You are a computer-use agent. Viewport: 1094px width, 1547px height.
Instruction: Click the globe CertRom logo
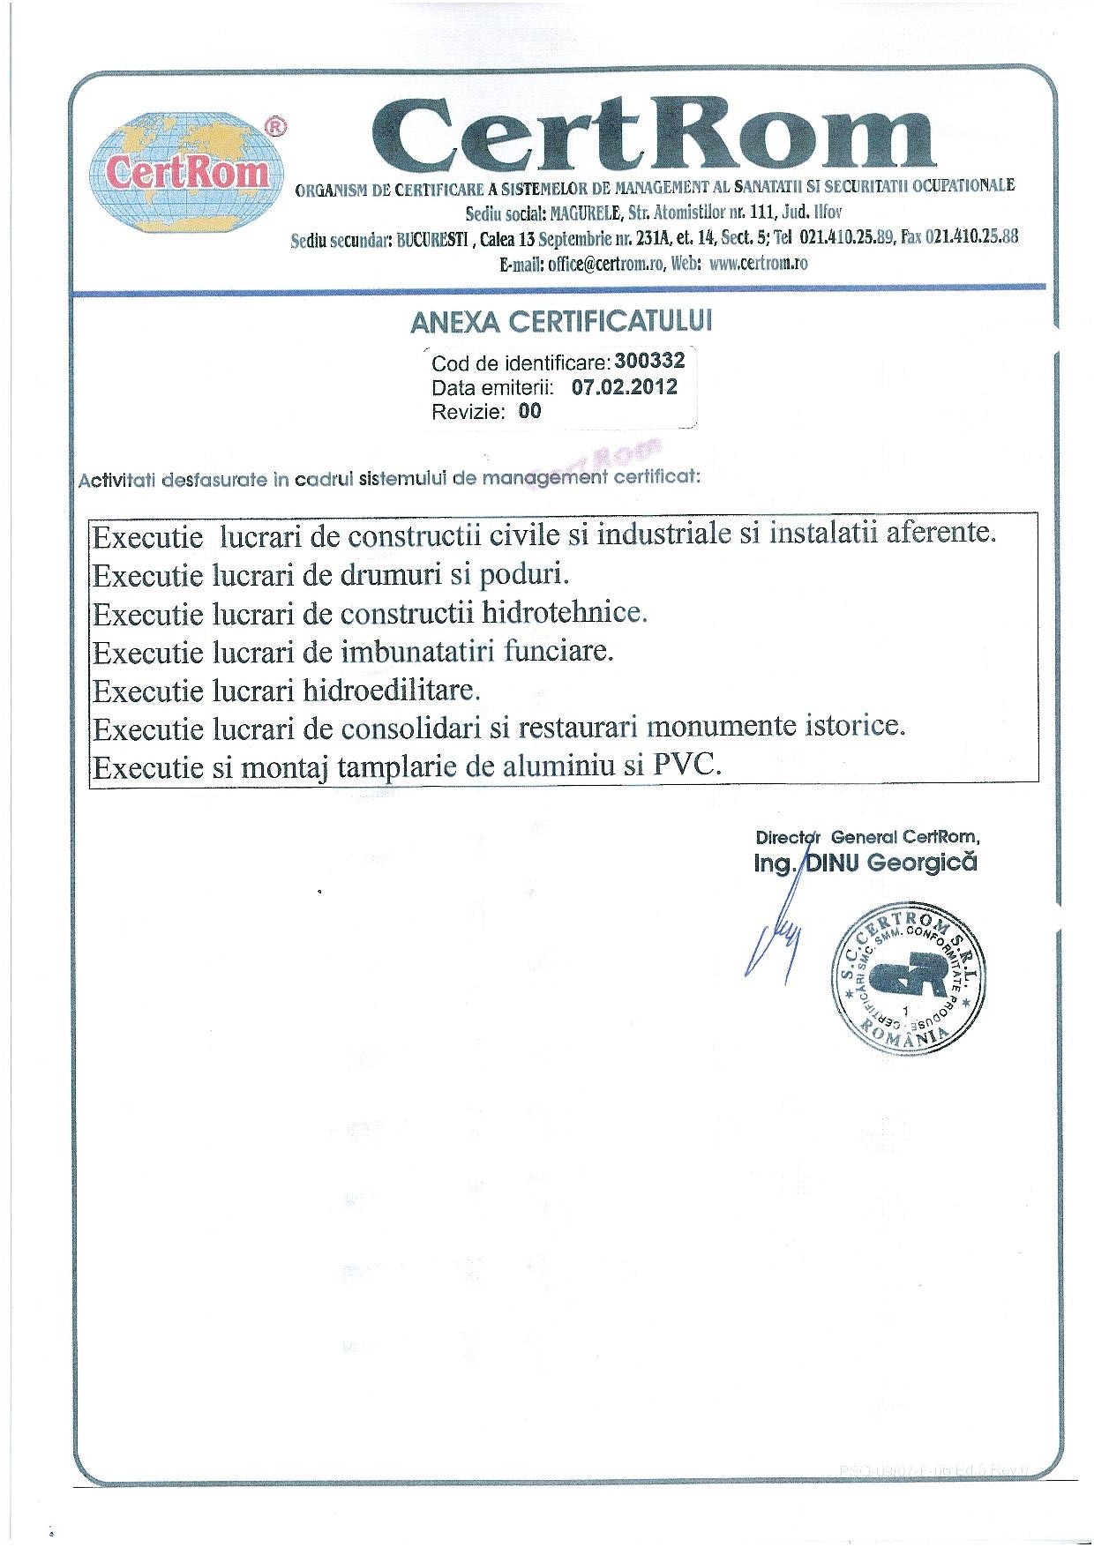pyautogui.click(x=188, y=174)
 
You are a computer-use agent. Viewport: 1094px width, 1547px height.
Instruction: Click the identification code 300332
pyautogui.click(x=649, y=361)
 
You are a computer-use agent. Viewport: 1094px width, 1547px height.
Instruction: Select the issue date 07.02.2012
pyautogui.click(x=625, y=386)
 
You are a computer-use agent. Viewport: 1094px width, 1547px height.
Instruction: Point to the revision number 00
pyautogui.click(x=529, y=411)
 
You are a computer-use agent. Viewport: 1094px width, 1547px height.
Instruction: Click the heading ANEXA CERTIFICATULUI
pyautogui.click(x=561, y=322)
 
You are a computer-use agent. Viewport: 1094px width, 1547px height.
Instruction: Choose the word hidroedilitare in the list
pyautogui.click(x=391, y=690)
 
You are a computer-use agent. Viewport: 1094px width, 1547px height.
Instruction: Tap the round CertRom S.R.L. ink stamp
pyautogui.click(x=909, y=979)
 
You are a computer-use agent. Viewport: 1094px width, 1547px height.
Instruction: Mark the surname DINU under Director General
pyautogui.click(x=833, y=863)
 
